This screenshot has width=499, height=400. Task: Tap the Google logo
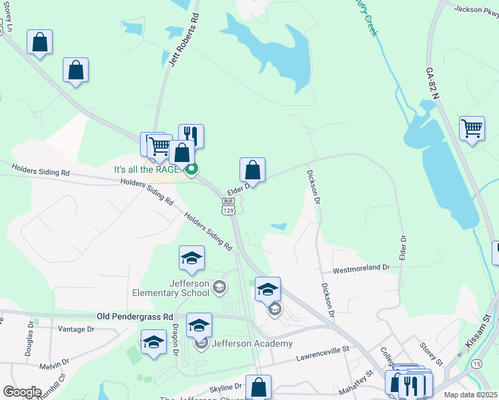tap(22, 392)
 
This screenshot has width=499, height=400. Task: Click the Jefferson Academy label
tap(252, 343)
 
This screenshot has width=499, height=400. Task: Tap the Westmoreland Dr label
tap(361, 267)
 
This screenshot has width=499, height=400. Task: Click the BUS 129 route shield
tap(229, 206)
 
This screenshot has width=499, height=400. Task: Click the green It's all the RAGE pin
tap(191, 169)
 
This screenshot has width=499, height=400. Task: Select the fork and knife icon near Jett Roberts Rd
tap(191, 135)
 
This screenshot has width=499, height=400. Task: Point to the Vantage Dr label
tap(76, 329)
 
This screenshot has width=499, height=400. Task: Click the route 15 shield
tap(476, 364)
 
